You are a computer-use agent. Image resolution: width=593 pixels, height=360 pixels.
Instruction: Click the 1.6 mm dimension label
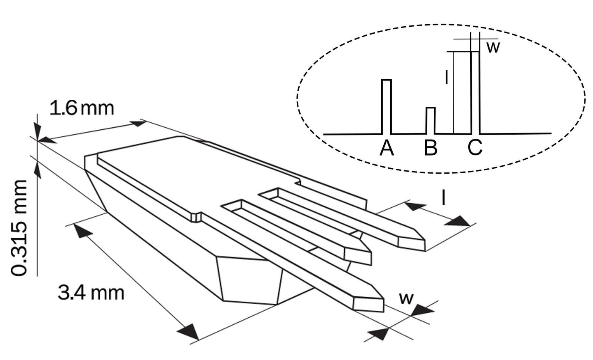(x=81, y=109)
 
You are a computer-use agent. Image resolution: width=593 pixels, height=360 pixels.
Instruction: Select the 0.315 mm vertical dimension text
(x=20, y=228)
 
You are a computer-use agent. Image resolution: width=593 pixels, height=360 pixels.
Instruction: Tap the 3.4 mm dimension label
(x=91, y=293)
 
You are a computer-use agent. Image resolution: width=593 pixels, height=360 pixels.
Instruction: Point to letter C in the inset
(x=475, y=148)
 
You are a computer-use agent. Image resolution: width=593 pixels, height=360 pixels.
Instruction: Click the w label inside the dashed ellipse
(x=493, y=47)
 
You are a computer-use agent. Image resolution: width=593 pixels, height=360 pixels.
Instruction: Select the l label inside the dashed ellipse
(x=446, y=77)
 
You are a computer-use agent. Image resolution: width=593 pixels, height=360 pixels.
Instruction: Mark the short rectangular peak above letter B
(x=430, y=120)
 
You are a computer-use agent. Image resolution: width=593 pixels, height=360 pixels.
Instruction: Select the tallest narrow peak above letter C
(x=475, y=92)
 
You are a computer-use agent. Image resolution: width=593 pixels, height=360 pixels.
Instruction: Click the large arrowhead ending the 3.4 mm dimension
(x=190, y=331)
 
